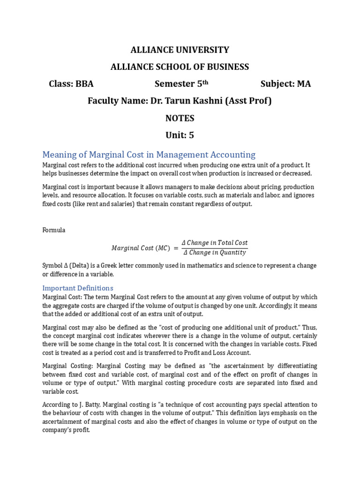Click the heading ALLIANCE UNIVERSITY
tap(180, 50)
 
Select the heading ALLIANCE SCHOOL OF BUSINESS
tap(180, 67)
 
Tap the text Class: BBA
tap(71, 84)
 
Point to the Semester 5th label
tap(181, 84)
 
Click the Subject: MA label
tap(285, 84)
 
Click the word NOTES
tap(180, 118)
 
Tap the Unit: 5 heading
tap(180, 135)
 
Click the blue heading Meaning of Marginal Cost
tap(149, 154)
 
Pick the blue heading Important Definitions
tap(78, 288)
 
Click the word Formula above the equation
tap(54, 230)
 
